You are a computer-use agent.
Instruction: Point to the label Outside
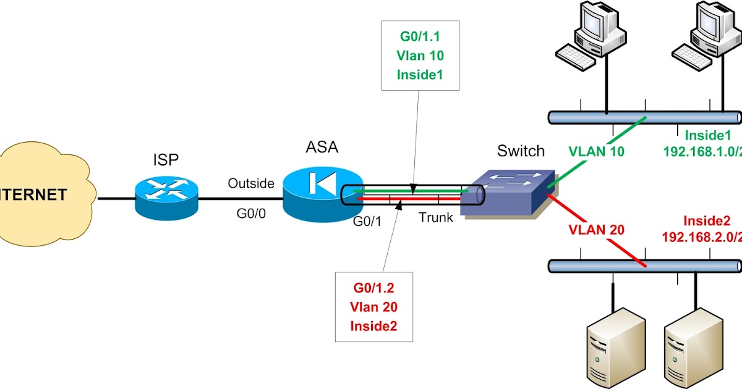click(x=251, y=183)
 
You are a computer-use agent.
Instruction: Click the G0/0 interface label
click(x=251, y=214)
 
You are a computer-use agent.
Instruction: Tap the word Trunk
click(x=436, y=217)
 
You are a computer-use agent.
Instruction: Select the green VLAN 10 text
click(x=597, y=151)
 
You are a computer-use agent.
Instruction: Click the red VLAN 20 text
click(x=597, y=230)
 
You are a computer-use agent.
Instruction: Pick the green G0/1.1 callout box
click(x=420, y=55)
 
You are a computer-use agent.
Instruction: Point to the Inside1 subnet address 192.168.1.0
click(x=702, y=151)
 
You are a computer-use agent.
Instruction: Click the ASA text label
click(x=322, y=148)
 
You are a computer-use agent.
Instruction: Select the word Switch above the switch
click(x=521, y=151)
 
